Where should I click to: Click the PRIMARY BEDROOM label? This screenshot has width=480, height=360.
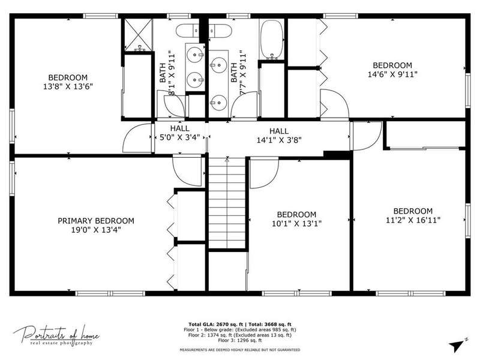(96, 221)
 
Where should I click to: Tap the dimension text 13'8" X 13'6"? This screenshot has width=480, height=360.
(68, 86)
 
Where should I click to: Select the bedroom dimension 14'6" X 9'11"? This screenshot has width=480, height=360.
(392, 74)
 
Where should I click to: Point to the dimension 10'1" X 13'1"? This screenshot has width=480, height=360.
(296, 223)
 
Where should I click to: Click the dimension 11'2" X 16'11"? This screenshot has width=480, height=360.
(413, 220)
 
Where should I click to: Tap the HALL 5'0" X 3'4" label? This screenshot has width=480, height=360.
(179, 133)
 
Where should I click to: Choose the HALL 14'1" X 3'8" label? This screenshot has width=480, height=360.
(279, 136)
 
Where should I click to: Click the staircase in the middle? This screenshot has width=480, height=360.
(227, 203)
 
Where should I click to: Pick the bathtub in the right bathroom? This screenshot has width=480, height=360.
(272, 39)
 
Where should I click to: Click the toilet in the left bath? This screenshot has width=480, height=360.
(187, 31)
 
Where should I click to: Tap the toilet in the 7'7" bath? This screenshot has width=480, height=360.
(219, 31)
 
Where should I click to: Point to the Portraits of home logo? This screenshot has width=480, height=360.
(56, 335)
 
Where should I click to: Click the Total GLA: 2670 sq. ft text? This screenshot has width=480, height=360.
(215, 325)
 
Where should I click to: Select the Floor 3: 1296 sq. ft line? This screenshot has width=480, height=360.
(240, 340)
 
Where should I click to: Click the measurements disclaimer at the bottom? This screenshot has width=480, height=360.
(239, 350)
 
